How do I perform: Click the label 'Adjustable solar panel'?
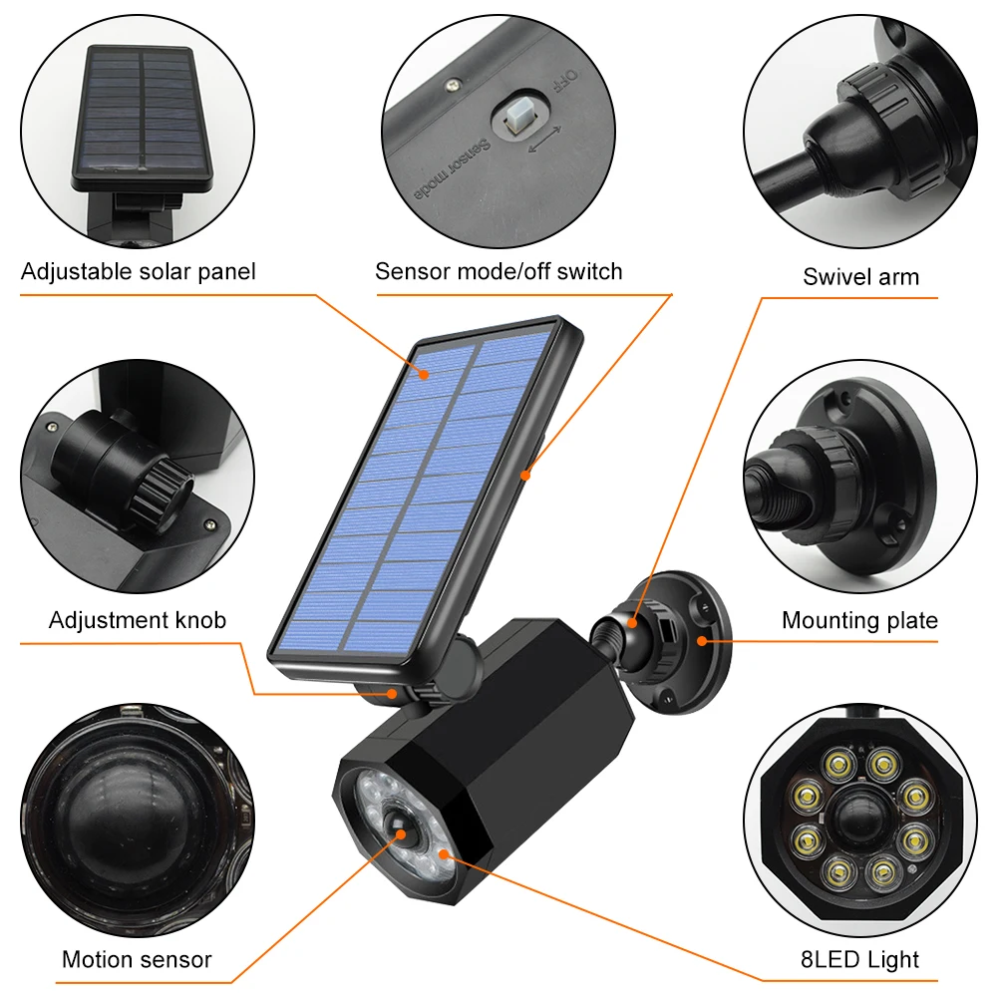click(138, 271)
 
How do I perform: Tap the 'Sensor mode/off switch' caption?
click(498, 271)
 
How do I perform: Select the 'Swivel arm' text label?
click(861, 276)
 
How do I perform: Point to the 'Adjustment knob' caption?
click(138, 620)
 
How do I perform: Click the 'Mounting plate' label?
click(859, 620)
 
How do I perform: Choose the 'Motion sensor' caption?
click(137, 959)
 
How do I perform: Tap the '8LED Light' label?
click(859, 959)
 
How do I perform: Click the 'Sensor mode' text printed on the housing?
click(452, 169)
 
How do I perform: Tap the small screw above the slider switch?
click(453, 84)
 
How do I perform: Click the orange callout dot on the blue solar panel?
click(424, 374)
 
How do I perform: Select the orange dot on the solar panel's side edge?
click(525, 475)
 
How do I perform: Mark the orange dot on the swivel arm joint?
click(632, 623)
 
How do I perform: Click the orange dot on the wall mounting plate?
click(702, 641)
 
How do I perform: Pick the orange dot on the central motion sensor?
click(401, 834)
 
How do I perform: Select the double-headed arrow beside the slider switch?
click(545, 140)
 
